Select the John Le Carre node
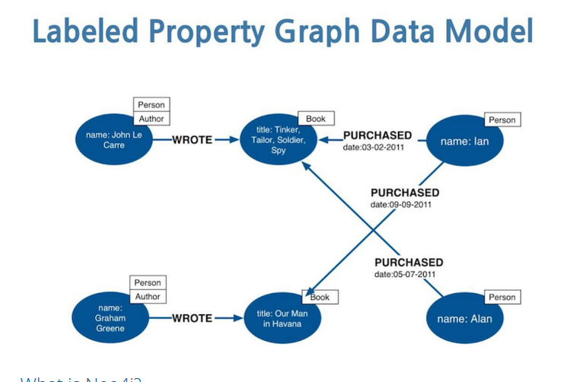click(x=113, y=140)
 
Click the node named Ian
click(x=465, y=142)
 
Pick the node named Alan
click(x=464, y=318)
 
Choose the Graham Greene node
click(x=110, y=318)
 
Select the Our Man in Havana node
click(x=279, y=318)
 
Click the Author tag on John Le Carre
click(x=151, y=119)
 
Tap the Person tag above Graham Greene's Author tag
click(x=148, y=282)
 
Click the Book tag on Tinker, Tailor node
click(x=316, y=119)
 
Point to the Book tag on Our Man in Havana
click(x=320, y=297)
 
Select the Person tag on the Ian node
click(x=502, y=119)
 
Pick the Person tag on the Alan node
click(x=502, y=298)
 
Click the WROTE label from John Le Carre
click(x=192, y=139)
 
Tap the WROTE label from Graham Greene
click(x=192, y=318)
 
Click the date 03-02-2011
click(x=374, y=148)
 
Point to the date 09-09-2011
click(x=402, y=205)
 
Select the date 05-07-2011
click(x=405, y=275)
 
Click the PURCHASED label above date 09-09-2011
click(x=405, y=193)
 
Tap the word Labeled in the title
click(x=85, y=31)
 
